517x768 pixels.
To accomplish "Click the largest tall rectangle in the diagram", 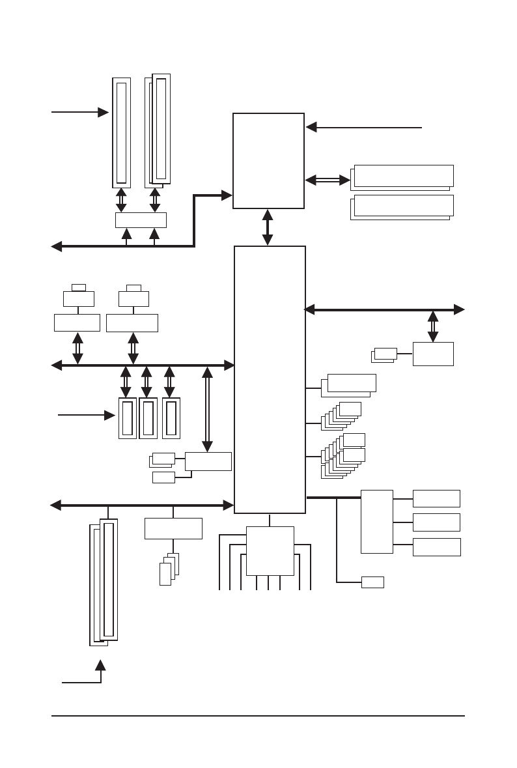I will pos(270,379).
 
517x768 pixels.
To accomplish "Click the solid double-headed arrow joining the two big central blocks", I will pos(268,227).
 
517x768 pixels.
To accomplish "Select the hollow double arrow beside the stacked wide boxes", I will pos(328,180).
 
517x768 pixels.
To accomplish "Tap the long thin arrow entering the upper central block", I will pos(365,128).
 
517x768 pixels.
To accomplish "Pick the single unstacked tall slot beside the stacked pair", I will pos(121,132).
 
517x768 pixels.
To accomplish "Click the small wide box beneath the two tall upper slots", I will pos(141,220).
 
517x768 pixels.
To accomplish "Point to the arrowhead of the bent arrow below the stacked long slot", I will pos(101,665).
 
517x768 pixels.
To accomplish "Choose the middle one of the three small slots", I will pos(148,418).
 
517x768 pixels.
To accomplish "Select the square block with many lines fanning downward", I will pos(270,551).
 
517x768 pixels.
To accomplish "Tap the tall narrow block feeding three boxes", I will pos(377,521).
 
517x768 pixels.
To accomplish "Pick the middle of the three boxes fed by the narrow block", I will pos(436,522).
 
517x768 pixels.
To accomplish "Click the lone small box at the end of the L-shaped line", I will pos(372,582).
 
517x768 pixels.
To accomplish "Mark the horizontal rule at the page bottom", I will pos(258,717).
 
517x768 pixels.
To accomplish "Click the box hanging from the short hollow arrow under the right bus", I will pos(433,354).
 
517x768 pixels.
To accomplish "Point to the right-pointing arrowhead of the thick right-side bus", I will pos(460,309).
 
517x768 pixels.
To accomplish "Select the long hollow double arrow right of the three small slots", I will pos(207,409).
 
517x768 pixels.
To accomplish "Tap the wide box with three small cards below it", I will pos(173,528).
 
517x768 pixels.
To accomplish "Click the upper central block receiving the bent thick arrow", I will pos(268,161).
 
